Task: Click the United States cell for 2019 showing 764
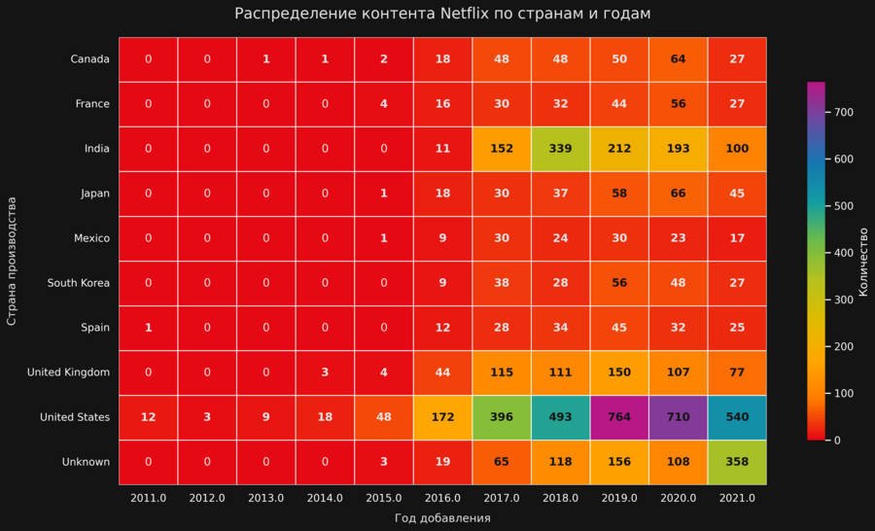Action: [x=619, y=417]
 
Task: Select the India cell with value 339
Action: [x=560, y=149]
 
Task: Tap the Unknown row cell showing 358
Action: [x=737, y=462]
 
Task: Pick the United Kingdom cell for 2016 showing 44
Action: [x=442, y=372]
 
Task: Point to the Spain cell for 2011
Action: [x=148, y=328]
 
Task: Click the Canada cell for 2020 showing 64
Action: [x=679, y=59]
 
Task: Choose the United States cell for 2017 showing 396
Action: [x=502, y=417]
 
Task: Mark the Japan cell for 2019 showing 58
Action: [x=619, y=194]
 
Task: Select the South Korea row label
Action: [x=79, y=283]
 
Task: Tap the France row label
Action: [x=92, y=104]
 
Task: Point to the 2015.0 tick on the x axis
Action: [x=384, y=498]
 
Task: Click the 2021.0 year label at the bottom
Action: [x=737, y=498]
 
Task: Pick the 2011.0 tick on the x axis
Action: [x=148, y=498]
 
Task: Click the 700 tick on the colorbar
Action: [x=843, y=113]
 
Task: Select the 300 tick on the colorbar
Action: [x=843, y=300]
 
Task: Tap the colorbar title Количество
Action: [x=863, y=262]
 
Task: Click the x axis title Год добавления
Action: [x=442, y=518]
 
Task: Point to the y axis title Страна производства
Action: [x=12, y=261]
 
